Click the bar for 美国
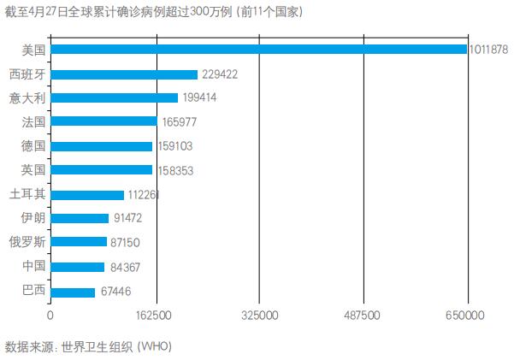click(259, 50)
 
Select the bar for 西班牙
click(124, 74)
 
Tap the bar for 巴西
click(73, 292)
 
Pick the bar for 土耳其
click(87, 195)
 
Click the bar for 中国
click(78, 268)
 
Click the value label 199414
click(199, 98)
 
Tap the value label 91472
click(129, 219)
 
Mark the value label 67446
click(115, 292)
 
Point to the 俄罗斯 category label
click(27, 243)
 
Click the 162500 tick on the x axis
click(155, 316)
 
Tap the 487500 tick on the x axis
click(364, 316)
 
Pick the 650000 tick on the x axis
click(469, 316)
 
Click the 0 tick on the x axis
click(50, 316)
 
